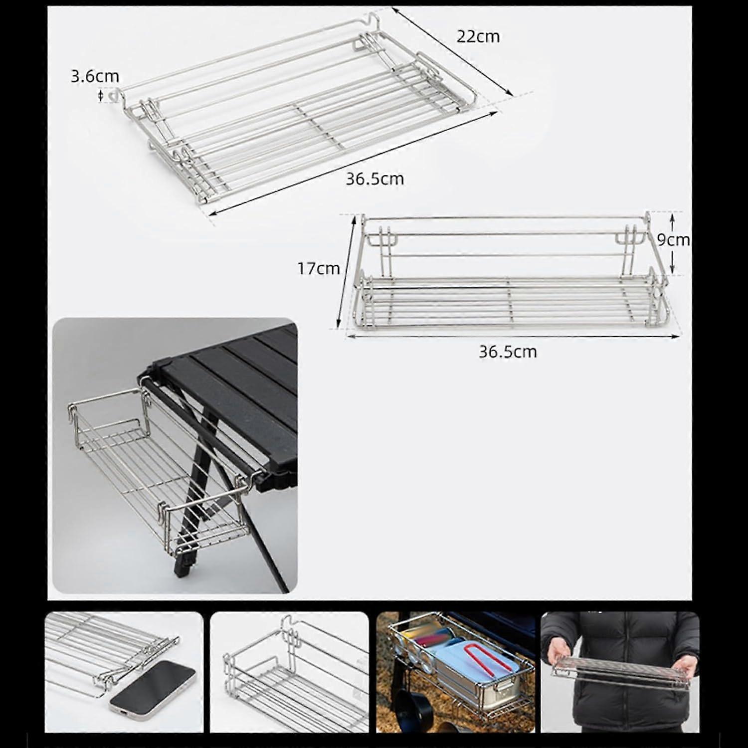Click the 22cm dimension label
click(x=478, y=36)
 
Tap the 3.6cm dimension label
click(x=95, y=76)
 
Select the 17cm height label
click(x=319, y=268)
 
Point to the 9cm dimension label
click(x=673, y=240)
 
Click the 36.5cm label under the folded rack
click(x=375, y=179)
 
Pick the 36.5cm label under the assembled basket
click(x=508, y=352)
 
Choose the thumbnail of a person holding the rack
click(x=620, y=672)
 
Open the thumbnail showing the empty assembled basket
click(x=290, y=672)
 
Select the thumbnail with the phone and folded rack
click(x=124, y=672)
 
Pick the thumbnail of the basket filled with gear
click(x=456, y=672)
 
